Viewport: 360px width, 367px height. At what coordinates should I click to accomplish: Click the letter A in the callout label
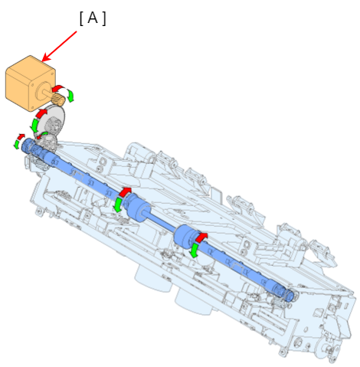(93, 18)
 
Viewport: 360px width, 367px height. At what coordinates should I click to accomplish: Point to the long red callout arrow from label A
(60, 46)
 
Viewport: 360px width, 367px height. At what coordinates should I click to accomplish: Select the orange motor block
(31, 84)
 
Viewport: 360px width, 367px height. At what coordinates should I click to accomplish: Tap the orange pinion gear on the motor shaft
(59, 100)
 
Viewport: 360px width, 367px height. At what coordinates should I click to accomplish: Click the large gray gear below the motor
(54, 120)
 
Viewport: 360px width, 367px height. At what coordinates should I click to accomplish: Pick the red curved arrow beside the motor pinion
(57, 88)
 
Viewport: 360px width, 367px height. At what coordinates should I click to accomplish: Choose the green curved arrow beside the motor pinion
(70, 96)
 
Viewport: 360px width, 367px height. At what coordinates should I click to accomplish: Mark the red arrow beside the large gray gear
(41, 113)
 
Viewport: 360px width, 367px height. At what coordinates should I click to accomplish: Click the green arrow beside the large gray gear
(34, 125)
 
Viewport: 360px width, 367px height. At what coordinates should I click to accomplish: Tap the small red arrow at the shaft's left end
(21, 137)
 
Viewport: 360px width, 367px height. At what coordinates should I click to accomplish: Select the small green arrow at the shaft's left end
(17, 144)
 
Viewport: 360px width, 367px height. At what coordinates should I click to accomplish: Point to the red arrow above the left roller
(125, 192)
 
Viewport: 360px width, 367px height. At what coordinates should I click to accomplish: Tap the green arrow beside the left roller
(118, 205)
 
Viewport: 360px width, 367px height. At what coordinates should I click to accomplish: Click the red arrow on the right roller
(201, 238)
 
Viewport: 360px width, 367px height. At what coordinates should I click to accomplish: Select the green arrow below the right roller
(195, 251)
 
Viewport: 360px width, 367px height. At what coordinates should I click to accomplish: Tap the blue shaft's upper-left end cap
(25, 145)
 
